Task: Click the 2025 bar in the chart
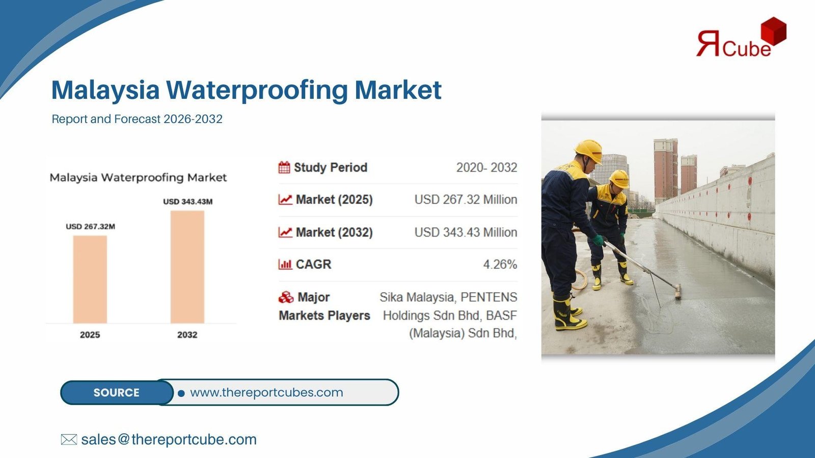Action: coord(90,279)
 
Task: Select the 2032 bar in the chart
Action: coord(187,267)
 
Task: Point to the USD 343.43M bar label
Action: coord(188,202)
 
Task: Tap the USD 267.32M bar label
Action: coord(90,226)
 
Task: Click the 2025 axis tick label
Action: coord(90,335)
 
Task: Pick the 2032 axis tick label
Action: coord(187,335)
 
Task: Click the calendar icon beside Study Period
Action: coord(284,167)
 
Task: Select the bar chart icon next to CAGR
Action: coord(285,264)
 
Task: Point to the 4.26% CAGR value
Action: coord(500,264)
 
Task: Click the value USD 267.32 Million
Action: coord(466,199)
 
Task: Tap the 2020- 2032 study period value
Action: coord(486,167)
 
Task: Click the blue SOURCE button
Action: coord(117,392)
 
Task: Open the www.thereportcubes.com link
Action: coord(266,392)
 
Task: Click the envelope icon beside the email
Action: coord(69,440)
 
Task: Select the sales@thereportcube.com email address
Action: coord(169,440)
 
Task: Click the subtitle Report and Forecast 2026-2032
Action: coord(137,119)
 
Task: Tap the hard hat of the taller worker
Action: coord(589,151)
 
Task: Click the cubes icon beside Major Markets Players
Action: coord(286,297)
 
